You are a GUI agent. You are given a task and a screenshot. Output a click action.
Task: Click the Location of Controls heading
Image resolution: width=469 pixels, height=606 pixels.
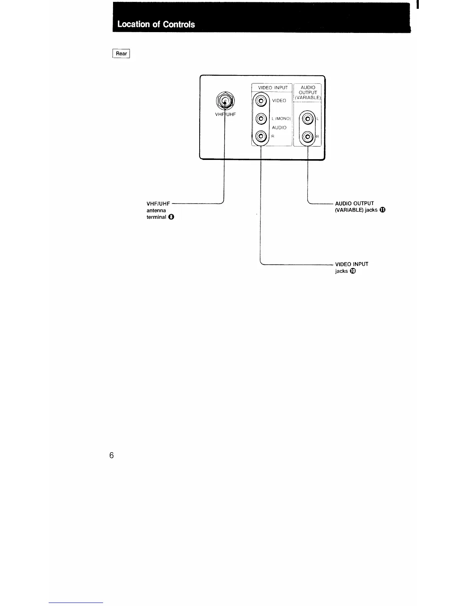coord(156,24)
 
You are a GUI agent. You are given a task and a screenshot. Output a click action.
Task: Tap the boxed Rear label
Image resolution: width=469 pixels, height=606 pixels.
coord(121,54)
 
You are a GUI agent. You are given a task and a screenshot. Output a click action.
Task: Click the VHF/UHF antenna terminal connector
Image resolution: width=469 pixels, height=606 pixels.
coord(225,101)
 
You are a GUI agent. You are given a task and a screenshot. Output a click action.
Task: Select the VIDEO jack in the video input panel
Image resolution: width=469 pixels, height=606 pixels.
coord(261,101)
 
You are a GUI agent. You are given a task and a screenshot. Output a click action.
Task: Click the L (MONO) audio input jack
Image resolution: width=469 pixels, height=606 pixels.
coord(261,119)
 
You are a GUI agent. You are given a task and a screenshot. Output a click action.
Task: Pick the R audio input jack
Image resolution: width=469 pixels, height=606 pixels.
coord(261,136)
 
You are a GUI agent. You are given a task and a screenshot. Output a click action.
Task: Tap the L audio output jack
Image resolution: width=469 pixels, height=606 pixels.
coord(308,119)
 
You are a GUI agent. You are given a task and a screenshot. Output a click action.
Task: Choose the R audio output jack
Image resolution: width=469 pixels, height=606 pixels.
coord(308,136)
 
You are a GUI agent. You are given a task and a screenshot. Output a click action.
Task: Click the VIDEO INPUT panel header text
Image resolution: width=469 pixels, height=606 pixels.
coord(272,88)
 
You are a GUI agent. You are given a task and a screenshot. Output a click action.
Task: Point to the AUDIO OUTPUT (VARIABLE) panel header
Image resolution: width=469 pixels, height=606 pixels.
coord(308,93)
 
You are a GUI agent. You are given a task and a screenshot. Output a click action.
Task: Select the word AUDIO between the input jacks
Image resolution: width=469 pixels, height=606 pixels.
coord(279,128)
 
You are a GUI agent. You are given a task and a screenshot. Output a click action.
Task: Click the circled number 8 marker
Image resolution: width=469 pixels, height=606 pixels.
coord(171,217)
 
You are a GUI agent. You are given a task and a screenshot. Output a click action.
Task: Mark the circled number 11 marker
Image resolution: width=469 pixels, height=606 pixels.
coord(382,210)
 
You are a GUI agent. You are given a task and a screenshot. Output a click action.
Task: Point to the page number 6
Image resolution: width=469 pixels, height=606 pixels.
coord(112,455)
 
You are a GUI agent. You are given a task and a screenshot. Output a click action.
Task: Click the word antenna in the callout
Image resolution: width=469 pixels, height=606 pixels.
coord(156,210)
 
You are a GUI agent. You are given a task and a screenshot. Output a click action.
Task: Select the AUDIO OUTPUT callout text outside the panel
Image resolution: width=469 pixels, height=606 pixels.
coord(354,204)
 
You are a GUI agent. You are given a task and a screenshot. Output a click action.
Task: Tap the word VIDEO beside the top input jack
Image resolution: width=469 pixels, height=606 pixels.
coord(279,101)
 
